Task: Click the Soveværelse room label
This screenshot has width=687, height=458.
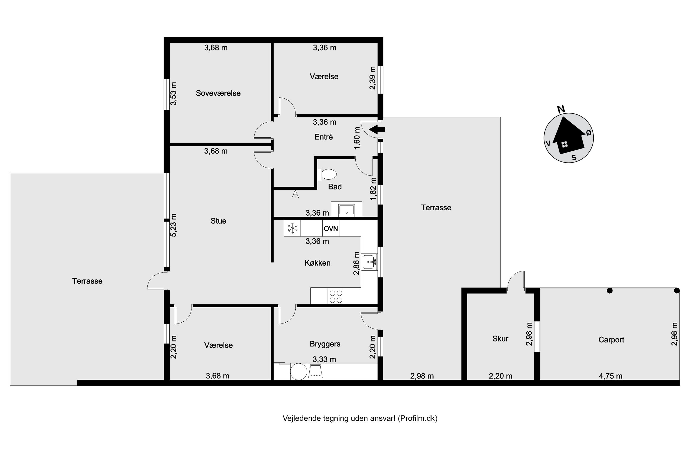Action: point(218,93)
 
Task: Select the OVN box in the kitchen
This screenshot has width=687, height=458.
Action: point(331,228)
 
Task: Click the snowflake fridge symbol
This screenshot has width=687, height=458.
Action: point(292,228)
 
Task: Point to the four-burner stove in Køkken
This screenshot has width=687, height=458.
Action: point(336,296)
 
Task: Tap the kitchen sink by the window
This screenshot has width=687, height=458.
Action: point(369,262)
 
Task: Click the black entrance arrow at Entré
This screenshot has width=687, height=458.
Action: point(377,129)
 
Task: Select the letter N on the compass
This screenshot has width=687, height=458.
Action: point(561,109)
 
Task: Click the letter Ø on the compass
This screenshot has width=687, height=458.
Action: point(589,133)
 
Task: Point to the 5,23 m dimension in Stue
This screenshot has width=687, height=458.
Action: point(174,225)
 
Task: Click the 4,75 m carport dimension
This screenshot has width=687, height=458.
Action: point(610,376)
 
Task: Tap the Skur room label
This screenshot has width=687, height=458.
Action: point(500,339)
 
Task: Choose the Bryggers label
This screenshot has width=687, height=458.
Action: point(325,344)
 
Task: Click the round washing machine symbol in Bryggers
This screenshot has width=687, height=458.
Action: point(298,371)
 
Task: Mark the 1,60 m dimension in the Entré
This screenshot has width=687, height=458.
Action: point(357,138)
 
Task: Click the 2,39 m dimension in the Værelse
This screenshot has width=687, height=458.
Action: point(373,78)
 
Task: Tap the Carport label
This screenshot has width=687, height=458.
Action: point(611,340)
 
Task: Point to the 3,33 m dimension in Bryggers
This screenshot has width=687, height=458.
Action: point(324,359)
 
